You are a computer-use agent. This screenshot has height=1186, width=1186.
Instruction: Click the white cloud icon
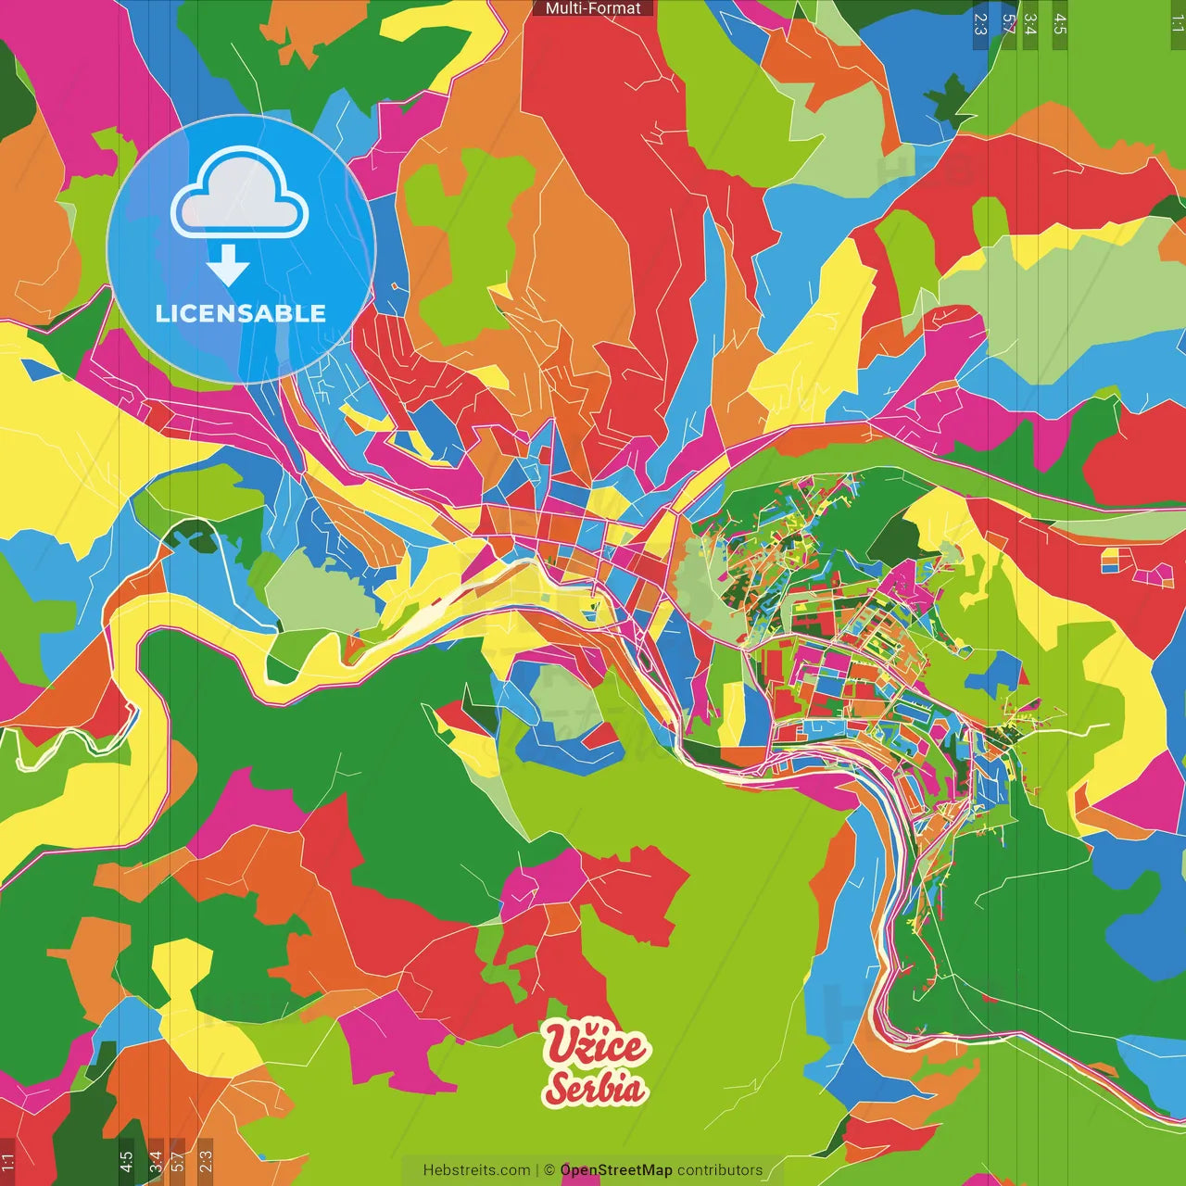pos(240,196)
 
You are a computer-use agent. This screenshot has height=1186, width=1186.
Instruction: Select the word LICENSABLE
pos(241,313)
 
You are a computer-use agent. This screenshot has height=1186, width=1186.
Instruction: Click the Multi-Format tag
pos(593,8)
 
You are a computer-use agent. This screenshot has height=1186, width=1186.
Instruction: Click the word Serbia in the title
pos(595,1088)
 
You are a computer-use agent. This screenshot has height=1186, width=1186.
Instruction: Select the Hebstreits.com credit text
pos(476,1170)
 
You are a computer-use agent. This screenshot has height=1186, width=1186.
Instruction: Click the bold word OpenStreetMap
pos(616,1170)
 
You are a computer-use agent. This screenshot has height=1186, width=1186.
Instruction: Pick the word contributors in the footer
pos(720,1170)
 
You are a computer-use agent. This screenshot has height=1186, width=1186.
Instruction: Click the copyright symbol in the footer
pos(549,1170)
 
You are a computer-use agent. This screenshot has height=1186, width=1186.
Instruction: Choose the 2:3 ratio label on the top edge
pos(980,23)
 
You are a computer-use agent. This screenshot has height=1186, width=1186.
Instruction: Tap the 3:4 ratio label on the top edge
pos(1030,23)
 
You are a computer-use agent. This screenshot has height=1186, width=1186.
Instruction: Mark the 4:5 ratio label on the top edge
pos(1060,23)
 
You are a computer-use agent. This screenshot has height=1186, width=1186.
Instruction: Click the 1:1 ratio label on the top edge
pos(1177,23)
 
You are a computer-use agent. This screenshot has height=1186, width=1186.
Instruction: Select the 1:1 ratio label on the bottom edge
pos(8,1162)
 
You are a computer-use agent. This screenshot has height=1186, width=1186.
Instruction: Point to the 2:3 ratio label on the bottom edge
pos(205,1162)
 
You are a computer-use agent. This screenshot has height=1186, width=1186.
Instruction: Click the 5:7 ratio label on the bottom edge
pos(178,1162)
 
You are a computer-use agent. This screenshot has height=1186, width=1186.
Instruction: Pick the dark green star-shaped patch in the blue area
pos(947,97)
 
